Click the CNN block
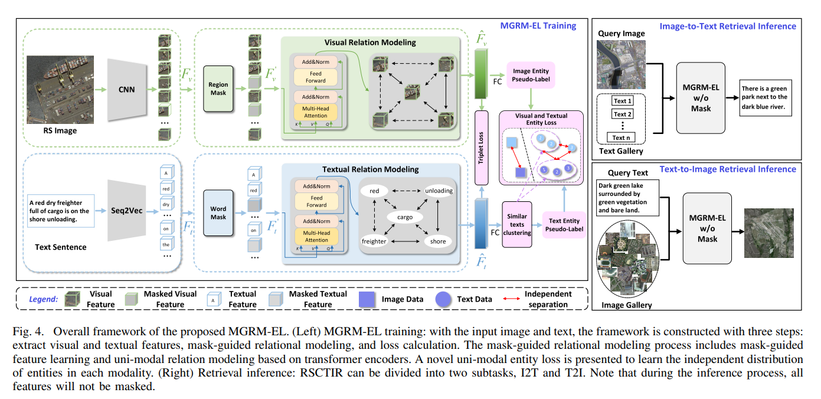[x=126, y=90]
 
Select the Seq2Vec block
[x=126, y=210]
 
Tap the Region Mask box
[x=218, y=89]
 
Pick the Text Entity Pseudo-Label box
[x=564, y=225]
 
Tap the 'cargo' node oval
[x=405, y=217]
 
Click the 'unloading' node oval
[x=438, y=191]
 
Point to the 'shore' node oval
[x=438, y=241]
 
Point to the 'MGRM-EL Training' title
[x=538, y=25]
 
